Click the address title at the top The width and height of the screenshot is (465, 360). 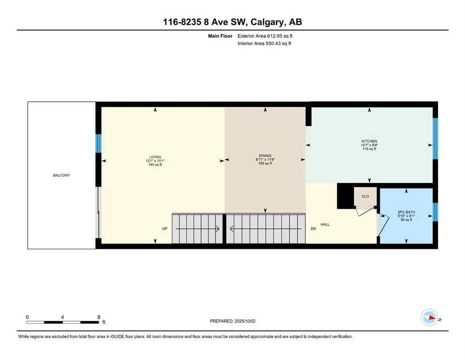pos(232,22)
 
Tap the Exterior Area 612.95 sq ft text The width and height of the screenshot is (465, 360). pos(265,36)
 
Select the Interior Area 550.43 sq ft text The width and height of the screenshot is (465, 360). pos(265,44)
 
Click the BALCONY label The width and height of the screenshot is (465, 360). pos(61,175)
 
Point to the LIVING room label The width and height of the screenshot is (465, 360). pos(155,157)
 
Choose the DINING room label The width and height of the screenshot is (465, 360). pos(265,156)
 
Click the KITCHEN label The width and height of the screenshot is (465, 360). pos(369,141)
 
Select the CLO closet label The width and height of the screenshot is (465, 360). pos(365,196)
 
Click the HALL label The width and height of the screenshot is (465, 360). pos(325,225)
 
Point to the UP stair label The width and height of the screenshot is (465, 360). pos(164,229)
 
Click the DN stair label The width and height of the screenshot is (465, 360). pos(313,229)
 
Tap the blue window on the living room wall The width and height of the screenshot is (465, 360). pos(98,143)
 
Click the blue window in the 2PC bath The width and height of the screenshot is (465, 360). pos(435,212)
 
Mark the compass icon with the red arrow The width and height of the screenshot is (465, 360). pos(429,318)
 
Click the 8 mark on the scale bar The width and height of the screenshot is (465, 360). pos(98,317)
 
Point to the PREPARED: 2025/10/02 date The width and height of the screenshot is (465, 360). pos(232,321)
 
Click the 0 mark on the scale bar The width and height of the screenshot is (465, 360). pos(27,317)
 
